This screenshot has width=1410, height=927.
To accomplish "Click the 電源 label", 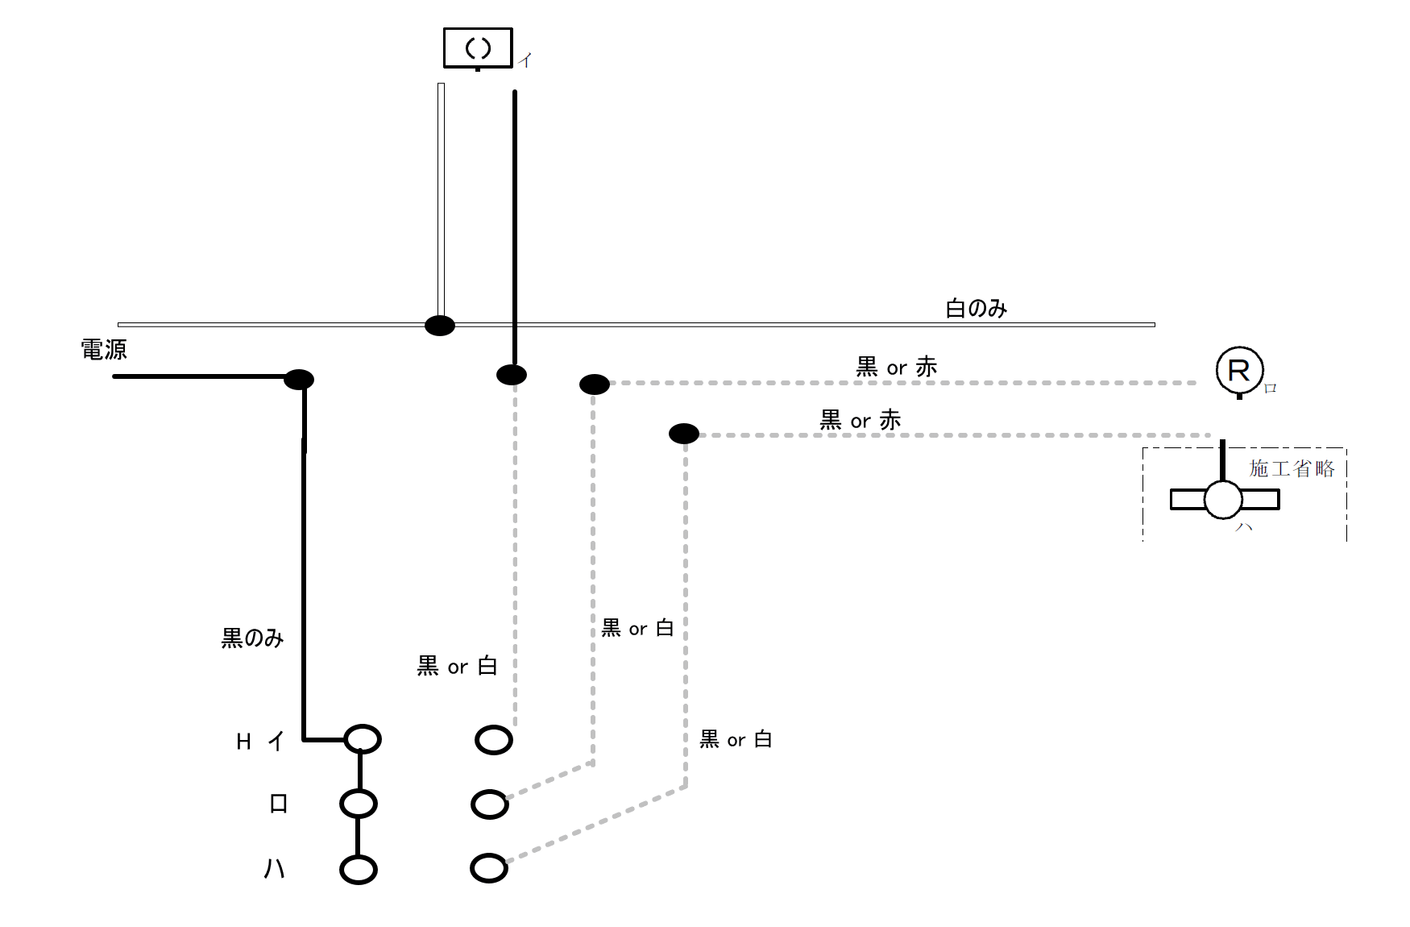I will [104, 350].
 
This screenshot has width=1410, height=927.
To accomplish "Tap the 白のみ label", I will [976, 309].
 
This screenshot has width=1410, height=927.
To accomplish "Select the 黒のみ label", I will [252, 638].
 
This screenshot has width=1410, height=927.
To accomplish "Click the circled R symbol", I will [1239, 370].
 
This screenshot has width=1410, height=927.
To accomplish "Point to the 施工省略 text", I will [1292, 468].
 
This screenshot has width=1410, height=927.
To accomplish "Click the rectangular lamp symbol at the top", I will [478, 48].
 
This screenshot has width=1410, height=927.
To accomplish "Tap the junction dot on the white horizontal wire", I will [440, 326].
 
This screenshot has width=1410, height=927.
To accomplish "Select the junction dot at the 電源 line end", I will [299, 379].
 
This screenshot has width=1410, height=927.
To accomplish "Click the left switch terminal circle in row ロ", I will [359, 804].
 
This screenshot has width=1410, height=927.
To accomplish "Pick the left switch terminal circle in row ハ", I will [359, 870].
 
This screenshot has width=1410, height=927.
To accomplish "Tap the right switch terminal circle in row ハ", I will [489, 868].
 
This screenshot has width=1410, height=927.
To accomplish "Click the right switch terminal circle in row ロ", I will [490, 804].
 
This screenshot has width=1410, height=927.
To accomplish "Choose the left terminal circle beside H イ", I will [363, 739].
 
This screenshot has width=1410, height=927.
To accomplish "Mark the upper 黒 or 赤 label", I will [896, 368].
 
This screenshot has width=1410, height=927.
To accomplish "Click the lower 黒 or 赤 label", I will [860, 420].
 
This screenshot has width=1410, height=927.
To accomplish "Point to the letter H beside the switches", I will [243, 742].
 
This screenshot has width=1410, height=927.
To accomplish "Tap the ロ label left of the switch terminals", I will [278, 804].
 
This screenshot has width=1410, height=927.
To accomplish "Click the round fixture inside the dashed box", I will [1223, 500].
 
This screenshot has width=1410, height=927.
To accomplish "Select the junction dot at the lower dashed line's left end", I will [684, 434].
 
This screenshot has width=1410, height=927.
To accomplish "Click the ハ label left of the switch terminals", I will [275, 868].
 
